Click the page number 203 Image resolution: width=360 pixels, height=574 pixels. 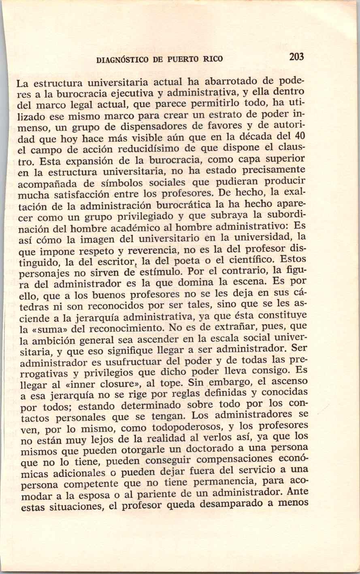296,57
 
